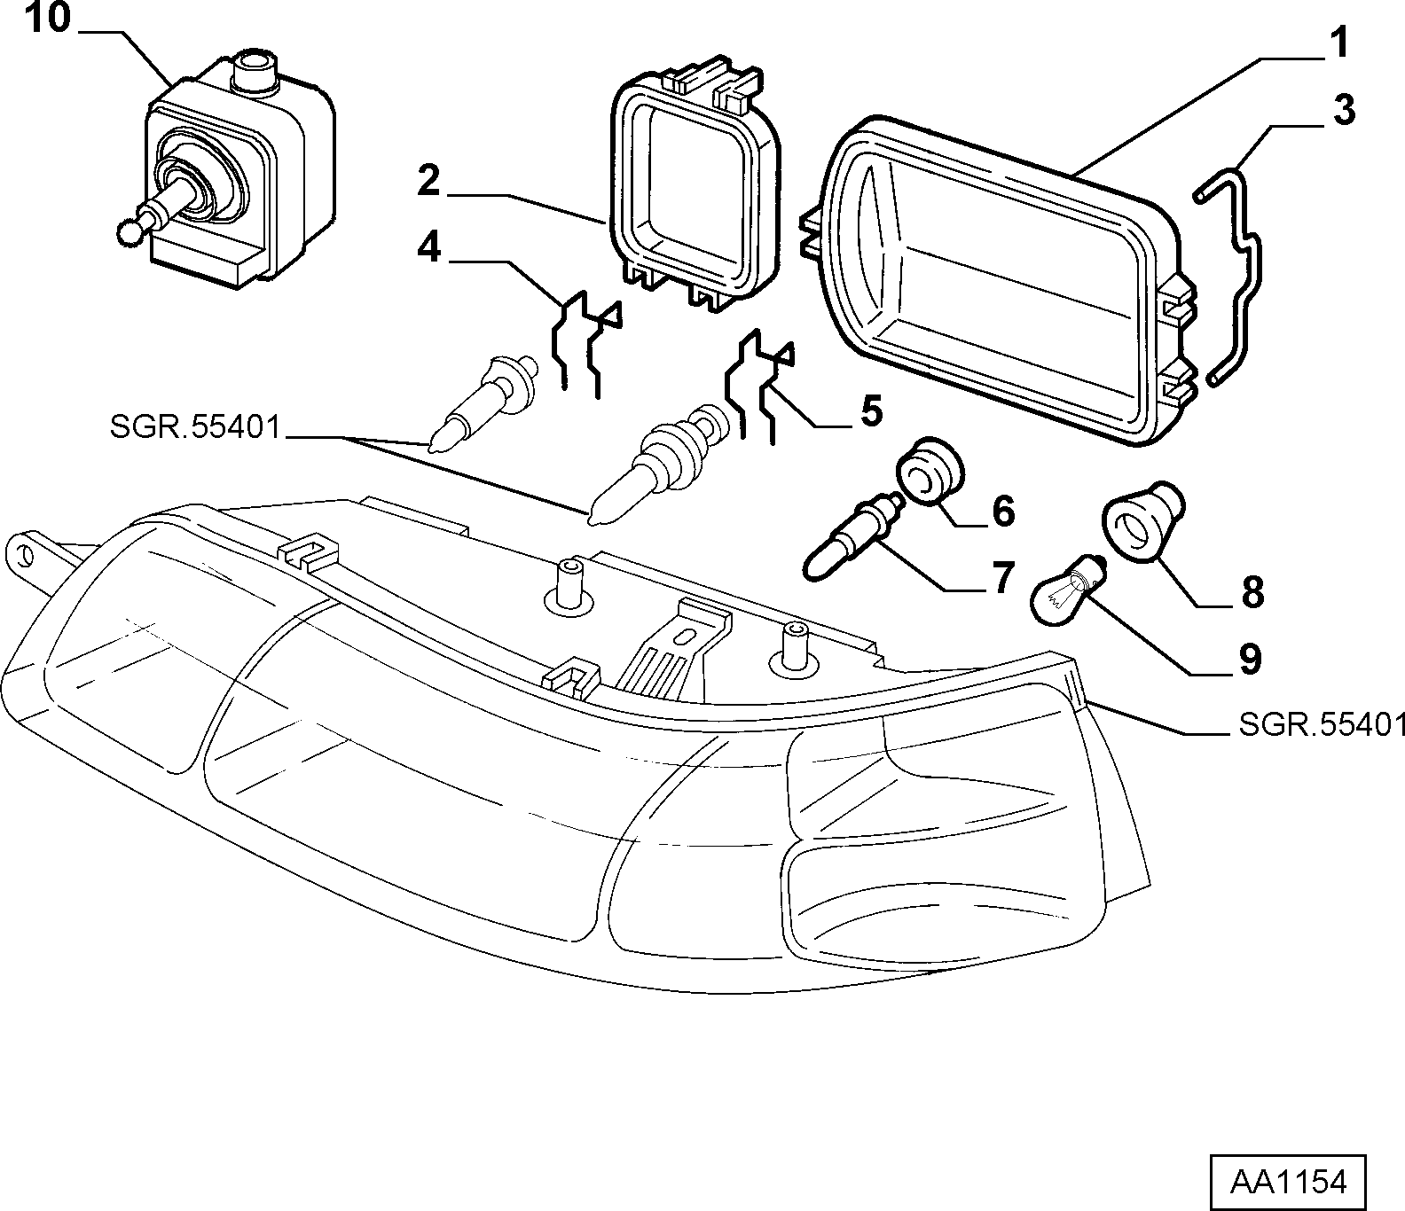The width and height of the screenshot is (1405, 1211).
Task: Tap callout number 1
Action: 1338,43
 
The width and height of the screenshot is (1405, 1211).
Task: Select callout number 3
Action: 1343,111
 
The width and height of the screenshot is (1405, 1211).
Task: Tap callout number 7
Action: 1002,578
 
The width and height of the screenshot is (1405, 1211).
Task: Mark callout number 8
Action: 1252,593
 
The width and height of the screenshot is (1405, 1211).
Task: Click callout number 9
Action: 1250,660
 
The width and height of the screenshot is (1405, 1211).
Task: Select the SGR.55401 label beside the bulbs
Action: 194,428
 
